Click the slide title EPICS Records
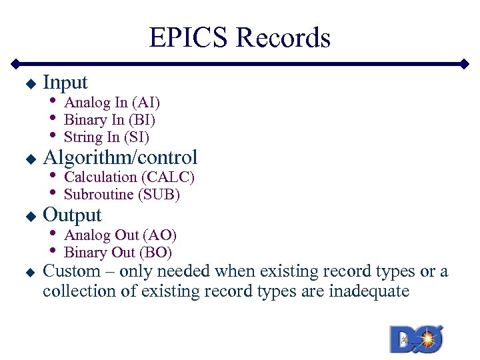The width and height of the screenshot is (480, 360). point(239,38)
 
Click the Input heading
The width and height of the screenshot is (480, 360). point(65,82)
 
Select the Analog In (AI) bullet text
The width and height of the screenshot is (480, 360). point(111,103)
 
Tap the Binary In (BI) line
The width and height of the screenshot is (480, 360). point(109,120)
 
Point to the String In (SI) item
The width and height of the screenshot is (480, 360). point(106,137)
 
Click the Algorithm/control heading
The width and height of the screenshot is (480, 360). point(120,157)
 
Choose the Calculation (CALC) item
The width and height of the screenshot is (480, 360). point(129,177)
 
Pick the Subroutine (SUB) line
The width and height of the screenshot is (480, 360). point(121,195)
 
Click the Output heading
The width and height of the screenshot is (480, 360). point(72,215)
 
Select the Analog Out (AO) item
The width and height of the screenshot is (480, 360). point(120,235)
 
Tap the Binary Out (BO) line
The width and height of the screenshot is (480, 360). point(118,253)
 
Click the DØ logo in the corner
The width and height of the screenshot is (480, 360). point(417,339)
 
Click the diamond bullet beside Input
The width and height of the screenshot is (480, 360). point(29,84)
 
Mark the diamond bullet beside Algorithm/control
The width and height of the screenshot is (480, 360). point(29,159)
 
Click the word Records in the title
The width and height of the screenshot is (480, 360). point(283,38)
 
